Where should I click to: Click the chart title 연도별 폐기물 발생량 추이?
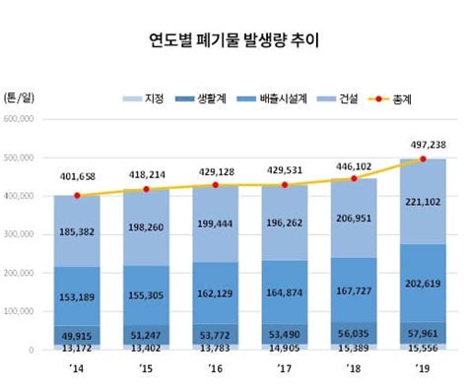click(233, 41)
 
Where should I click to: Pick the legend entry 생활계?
click(205, 98)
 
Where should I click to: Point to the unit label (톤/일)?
click(18, 98)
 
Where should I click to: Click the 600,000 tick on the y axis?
click(20, 119)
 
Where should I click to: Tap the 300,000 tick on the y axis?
click(20, 234)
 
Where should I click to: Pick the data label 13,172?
click(77, 346)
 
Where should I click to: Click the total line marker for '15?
click(146, 189)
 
